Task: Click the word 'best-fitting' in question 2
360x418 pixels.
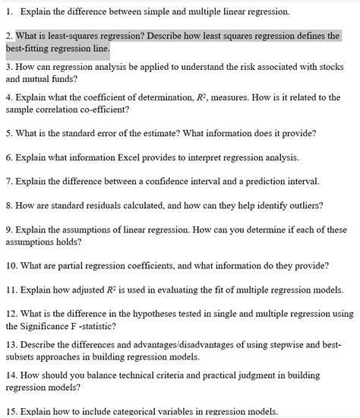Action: (30, 49)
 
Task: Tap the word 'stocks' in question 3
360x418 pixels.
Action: (333, 67)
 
